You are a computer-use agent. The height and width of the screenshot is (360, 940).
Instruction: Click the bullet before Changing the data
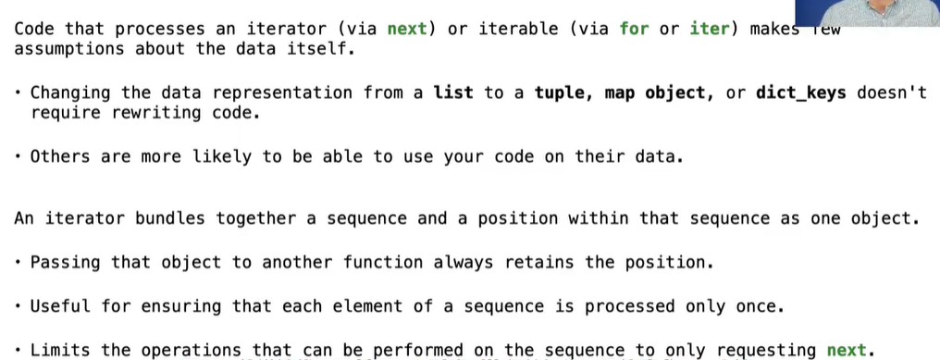(x=19, y=93)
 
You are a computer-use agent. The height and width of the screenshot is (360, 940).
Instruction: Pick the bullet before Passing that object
(x=19, y=262)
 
